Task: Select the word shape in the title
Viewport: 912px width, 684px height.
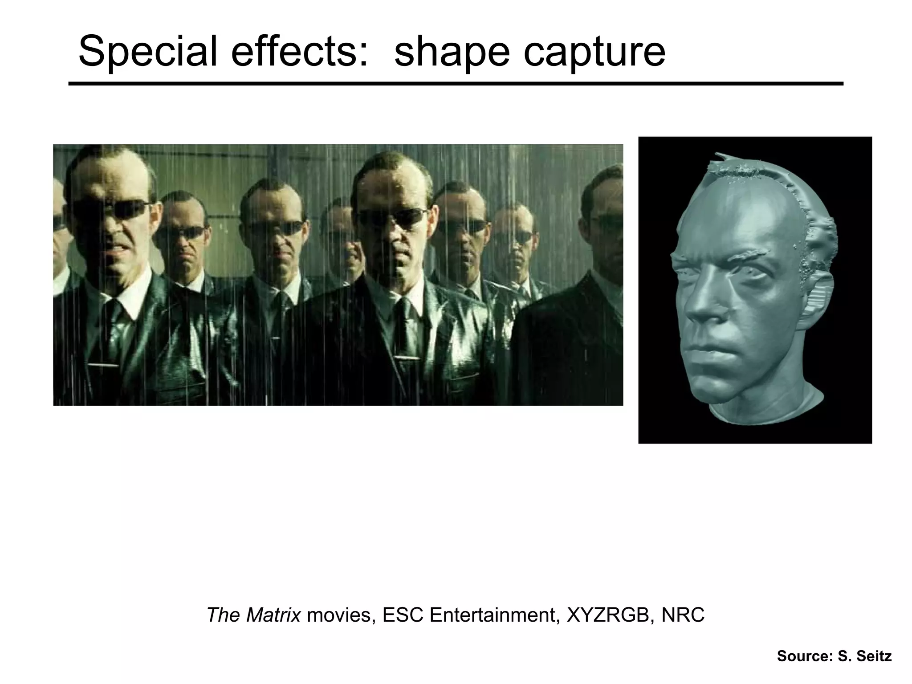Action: (452, 52)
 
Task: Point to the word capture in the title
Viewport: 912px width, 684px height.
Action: (594, 52)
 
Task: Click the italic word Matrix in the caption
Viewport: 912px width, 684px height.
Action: (273, 615)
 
